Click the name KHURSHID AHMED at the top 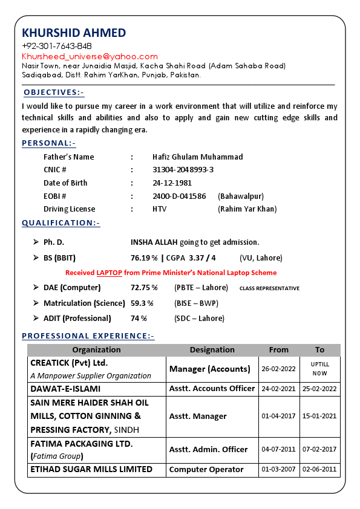click(74, 33)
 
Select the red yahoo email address click(90, 56)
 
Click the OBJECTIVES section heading click(54, 92)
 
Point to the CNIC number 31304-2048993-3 click(183, 170)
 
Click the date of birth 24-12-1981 click(172, 183)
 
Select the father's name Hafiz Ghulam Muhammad click(197, 157)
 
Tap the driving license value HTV click(159, 209)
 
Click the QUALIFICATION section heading click(61, 223)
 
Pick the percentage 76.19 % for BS click(144, 258)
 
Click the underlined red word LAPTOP click(109, 273)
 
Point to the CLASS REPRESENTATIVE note click(269, 288)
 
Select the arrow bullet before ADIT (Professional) click(36, 318)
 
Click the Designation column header click(212, 349)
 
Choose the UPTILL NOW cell click(319, 369)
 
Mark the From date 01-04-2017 click(278, 416)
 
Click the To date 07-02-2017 click(319, 449)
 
